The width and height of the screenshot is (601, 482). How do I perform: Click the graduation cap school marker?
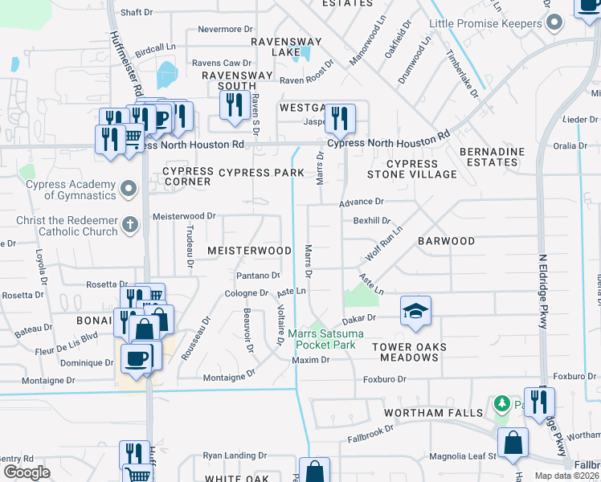click(415, 311)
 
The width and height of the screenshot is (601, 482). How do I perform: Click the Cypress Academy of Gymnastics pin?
click(128, 190)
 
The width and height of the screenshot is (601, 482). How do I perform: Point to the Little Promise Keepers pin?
click(553, 23)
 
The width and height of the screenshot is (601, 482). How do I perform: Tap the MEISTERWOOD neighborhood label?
click(249, 251)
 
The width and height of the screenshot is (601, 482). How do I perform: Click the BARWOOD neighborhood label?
click(446, 241)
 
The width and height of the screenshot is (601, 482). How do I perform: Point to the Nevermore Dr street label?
click(219, 30)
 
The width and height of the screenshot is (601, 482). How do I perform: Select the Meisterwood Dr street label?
click(185, 216)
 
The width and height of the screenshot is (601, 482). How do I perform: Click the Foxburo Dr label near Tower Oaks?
click(386, 378)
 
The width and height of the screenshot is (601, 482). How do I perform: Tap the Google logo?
click(27, 472)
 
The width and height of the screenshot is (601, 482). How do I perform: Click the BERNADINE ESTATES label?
click(492, 157)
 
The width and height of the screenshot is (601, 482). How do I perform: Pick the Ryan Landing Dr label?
click(235, 455)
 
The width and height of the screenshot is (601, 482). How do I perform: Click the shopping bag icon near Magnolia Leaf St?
click(513, 443)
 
